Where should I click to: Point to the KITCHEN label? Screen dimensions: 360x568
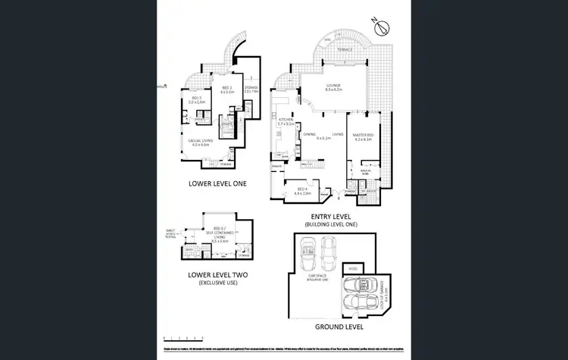click(286, 121)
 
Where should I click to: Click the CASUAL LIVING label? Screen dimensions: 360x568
click(205, 142)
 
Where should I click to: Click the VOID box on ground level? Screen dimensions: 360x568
click(352, 268)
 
